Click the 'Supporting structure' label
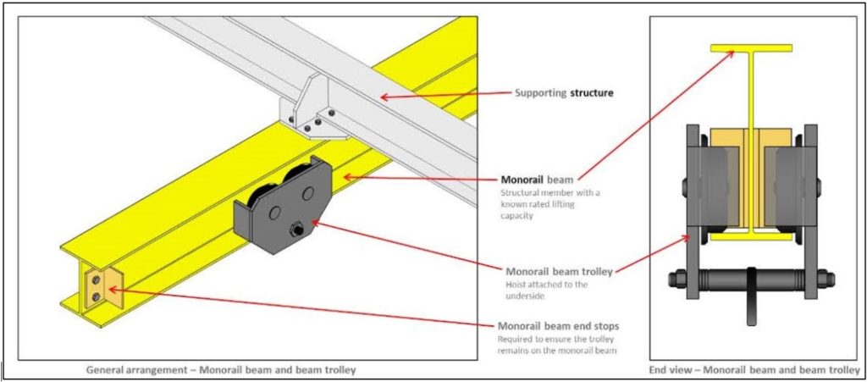565,91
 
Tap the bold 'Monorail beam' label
538,180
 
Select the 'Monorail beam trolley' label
560,272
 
